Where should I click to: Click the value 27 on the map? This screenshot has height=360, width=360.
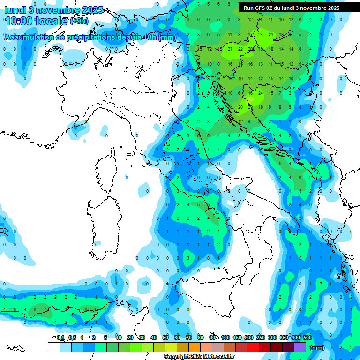pyautogui.click(x=230, y=49)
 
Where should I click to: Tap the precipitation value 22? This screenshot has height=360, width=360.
pyautogui.click(x=240, y=49)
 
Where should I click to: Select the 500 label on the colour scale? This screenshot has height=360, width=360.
pyautogui.click(x=307, y=337)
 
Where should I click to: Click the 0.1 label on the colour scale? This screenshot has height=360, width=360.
pyautogui.click(x=60, y=337)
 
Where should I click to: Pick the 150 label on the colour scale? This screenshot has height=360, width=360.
pyautogui.click(x=237, y=337)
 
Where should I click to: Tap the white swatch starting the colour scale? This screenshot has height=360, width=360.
pyautogui.click(x=54, y=347)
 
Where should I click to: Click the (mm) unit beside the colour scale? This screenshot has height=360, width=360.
pyautogui.click(x=317, y=348)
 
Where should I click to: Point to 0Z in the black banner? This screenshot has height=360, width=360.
pyautogui.click(x=271, y=8)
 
